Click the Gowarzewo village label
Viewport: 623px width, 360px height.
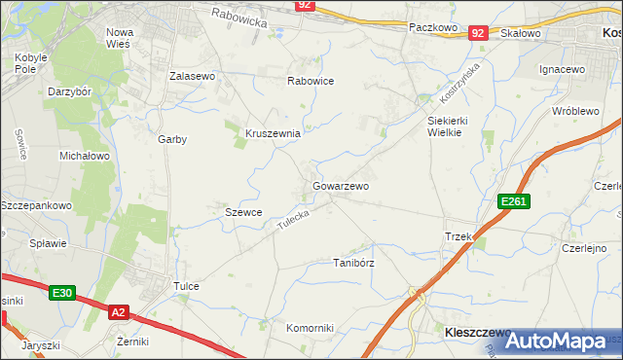click(x=340, y=185)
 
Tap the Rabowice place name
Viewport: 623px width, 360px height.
click(x=311, y=82)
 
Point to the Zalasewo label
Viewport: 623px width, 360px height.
click(x=192, y=76)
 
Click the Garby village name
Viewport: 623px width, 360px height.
click(x=172, y=139)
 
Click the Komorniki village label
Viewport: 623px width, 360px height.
click(x=310, y=328)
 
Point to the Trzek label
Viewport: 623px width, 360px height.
click(x=458, y=236)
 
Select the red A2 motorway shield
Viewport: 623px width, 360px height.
click(x=118, y=312)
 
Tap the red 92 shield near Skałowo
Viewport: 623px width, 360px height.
click(x=477, y=33)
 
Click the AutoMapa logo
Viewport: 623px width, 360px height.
click(x=557, y=341)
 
